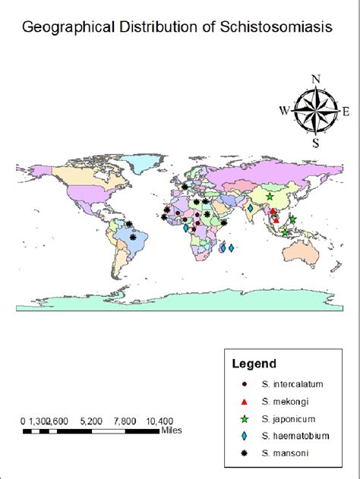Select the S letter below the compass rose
coord(315,142)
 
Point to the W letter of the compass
coord(284,111)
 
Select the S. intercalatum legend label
coord(292,385)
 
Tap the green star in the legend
coord(244,419)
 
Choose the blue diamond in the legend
coord(244,436)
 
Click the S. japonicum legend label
coord(289,419)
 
